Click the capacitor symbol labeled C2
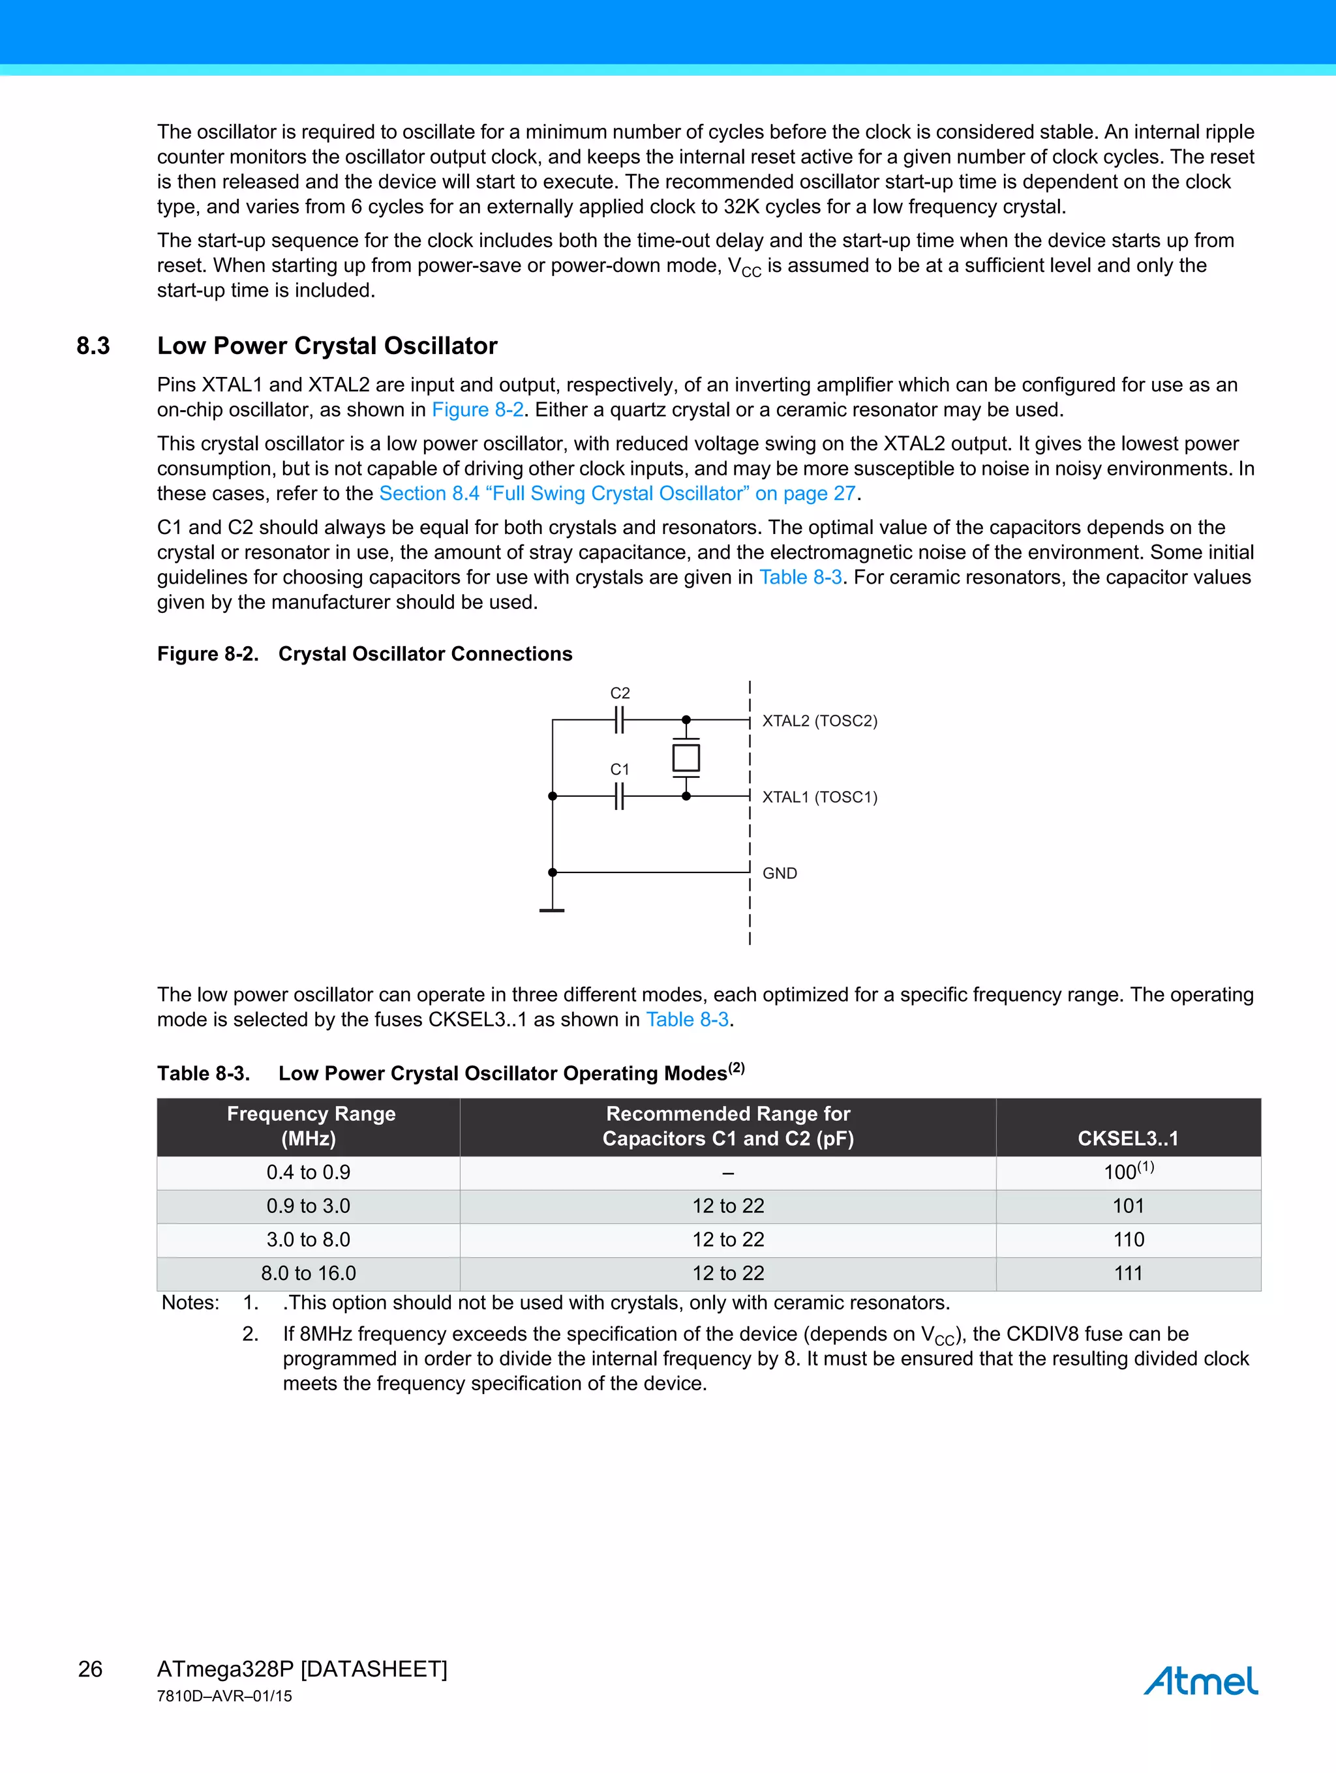tap(619, 720)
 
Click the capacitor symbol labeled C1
tap(619, 796)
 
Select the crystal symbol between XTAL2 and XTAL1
tap(686, 758)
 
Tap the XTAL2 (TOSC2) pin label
tap(819, 721)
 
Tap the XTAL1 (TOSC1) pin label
tap(819, 797)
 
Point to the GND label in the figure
tap(780, 873)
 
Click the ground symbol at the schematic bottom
tap(552, 910)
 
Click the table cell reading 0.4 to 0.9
tap(309, 1172)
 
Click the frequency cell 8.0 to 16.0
tap(309, 1274)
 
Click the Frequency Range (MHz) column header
tap(311, 1126)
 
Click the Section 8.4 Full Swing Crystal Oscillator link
tap(618, 493)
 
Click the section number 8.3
tap(93, 346)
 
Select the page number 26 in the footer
tap(90, 1669)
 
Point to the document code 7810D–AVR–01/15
tap(224, 1696)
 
